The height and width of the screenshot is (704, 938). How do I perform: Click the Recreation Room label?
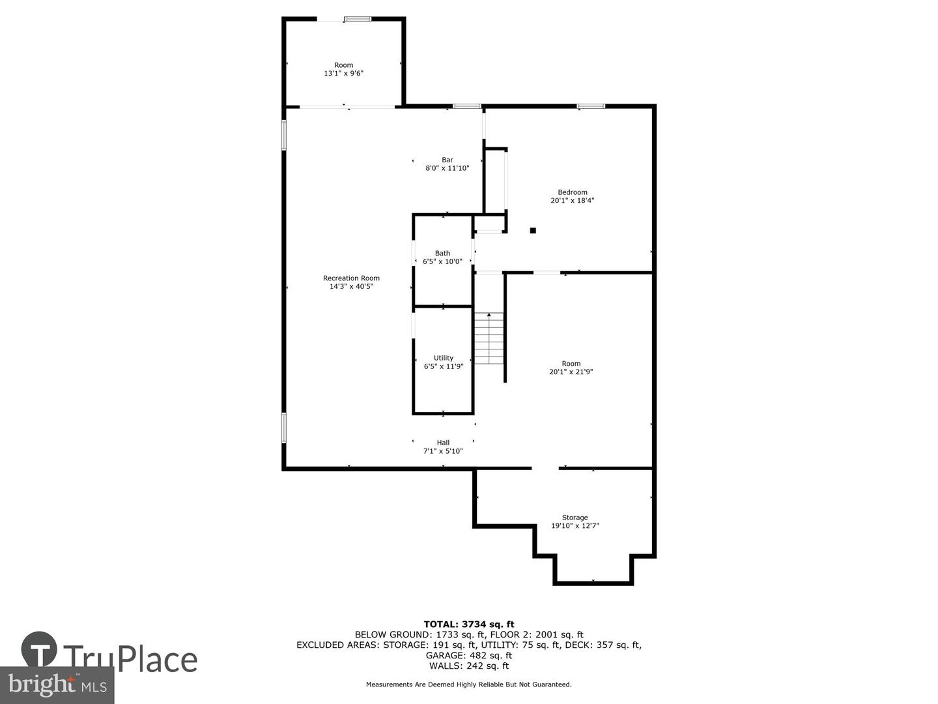click(x=351, y=278)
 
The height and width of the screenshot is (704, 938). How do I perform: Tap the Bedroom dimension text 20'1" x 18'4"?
click(x=572, y=201)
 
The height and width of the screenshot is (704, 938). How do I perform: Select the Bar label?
click(x=447, y=160)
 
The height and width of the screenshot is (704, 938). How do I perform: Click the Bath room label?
click(x=442, y=254)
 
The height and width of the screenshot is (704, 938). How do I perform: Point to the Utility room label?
click(x=443, y=358)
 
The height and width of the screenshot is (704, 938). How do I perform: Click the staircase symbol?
click(x=489, y=338)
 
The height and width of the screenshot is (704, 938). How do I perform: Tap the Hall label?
click(x=443, y=443)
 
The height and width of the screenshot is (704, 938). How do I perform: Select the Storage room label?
click(x=575, y=518)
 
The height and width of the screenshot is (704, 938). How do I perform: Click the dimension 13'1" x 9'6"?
click(x=343, y=74)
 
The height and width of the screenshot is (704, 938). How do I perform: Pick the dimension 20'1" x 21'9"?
click(x=571, y=372)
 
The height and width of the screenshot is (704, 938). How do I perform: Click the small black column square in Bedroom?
click(x=533, y=230)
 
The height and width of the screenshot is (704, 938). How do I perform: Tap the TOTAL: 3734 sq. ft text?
click(x=468, y=624)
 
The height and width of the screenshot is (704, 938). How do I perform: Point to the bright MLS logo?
click(x=57, y=684)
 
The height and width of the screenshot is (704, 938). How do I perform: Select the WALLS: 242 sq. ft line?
click(x=468, y=666)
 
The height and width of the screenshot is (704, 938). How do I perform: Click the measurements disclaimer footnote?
click(x=468, y=684)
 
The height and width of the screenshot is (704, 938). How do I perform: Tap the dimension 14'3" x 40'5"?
click(x=351, y=287)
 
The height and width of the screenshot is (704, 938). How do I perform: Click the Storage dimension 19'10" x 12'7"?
click(x=575, y=525)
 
